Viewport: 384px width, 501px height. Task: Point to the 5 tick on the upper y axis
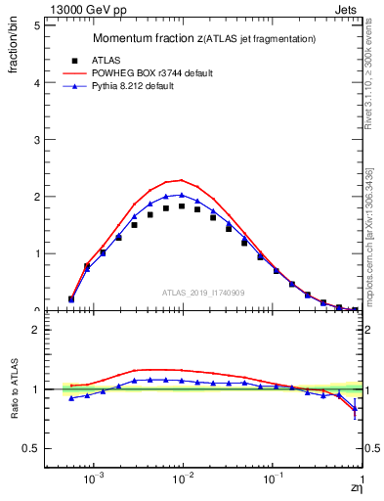(36, 25)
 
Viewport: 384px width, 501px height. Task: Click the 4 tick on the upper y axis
(36, 82)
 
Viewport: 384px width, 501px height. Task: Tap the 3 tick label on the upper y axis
(36, 140)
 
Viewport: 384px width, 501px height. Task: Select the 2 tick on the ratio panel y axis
(36, 330)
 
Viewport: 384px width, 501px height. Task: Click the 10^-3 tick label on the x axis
(94, 481)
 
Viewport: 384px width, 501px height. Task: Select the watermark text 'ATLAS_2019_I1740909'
(204, 292)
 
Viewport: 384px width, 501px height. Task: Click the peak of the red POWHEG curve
(182, 180)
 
